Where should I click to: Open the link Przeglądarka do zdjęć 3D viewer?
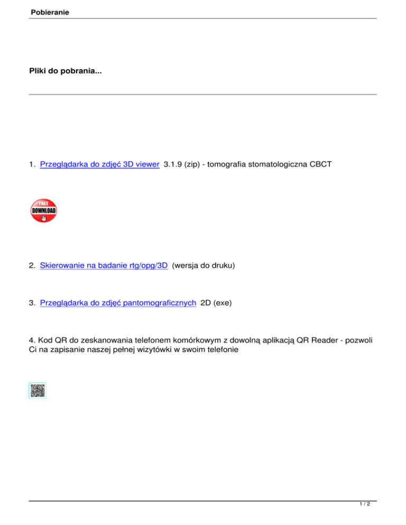100,164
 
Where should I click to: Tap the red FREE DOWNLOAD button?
44,211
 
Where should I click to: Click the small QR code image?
38,391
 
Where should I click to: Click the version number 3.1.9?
174,164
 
